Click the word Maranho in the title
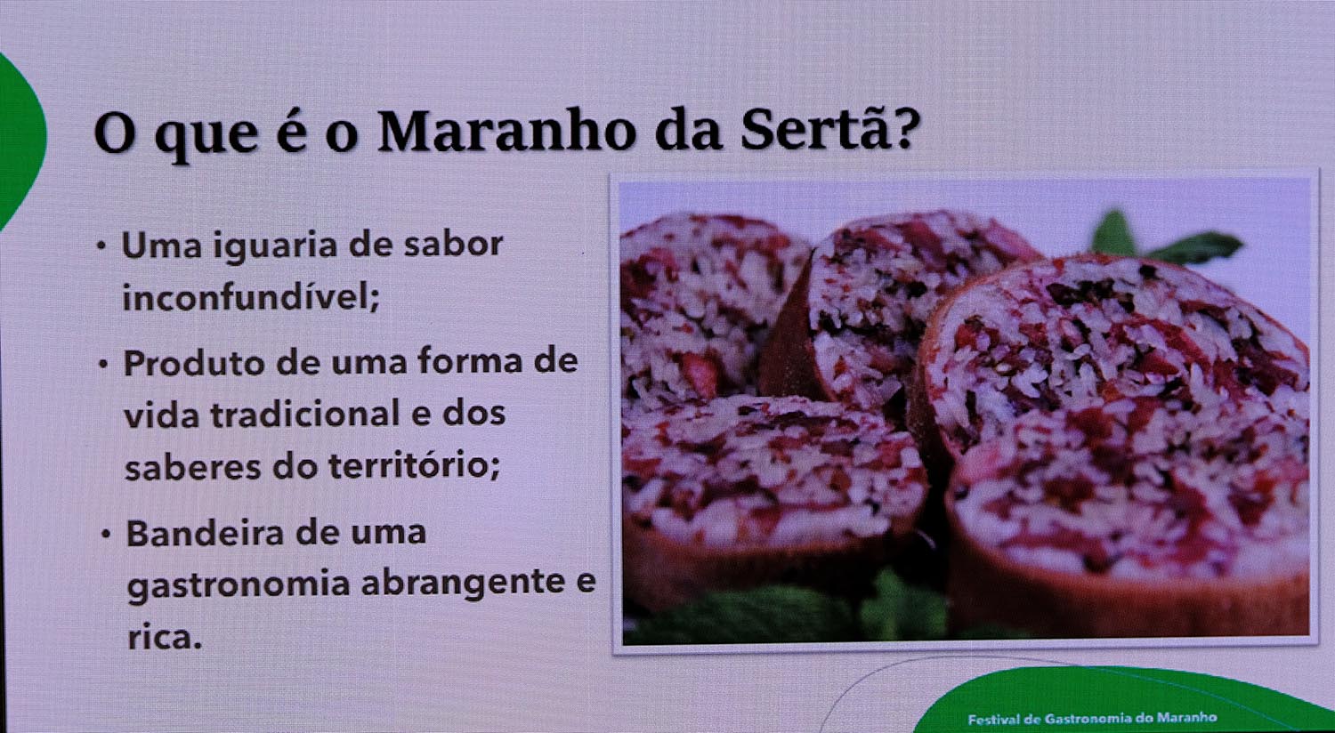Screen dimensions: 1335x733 click(508, 132)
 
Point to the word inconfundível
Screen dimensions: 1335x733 click(251, 296)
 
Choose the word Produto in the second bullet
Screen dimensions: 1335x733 click(194, 363)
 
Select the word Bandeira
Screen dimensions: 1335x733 click(205, 533)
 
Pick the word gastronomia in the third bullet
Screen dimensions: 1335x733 click(239, 584)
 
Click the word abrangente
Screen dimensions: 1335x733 click(463, 583)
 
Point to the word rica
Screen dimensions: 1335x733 click(165, 638)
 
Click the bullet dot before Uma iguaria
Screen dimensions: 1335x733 click(102, 246)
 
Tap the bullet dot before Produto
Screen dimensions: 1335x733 click(104, 363)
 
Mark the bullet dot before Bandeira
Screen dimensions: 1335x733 click(106, 534)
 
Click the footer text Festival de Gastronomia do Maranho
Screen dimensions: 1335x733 click(1092, 718)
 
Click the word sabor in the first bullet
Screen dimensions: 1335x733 click(454, 244)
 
